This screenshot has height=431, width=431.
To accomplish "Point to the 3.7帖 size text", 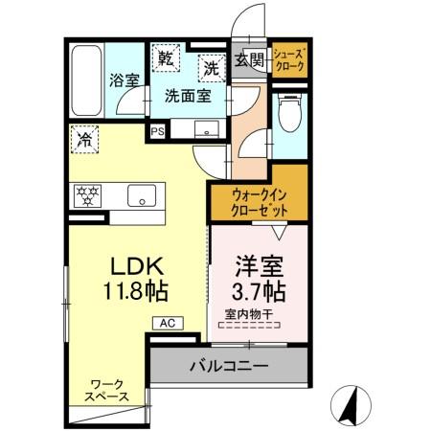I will click(x=256, y=287).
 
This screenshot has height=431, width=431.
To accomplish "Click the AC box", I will click(x=166, y=323).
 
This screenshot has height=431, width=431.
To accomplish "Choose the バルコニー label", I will click(x=228, y=365).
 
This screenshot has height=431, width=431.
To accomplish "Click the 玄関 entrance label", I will click(x=249, y=60).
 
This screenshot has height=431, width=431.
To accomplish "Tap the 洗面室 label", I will click(x=181, y=95).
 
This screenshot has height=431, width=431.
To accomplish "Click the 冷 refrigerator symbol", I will click(x=85, y=140).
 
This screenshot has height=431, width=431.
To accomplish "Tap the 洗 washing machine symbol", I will click(x=211, y=67).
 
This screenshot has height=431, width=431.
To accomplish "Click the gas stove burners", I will click(x=88, y=196).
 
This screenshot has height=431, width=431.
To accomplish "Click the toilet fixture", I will click(x=289, y=114).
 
